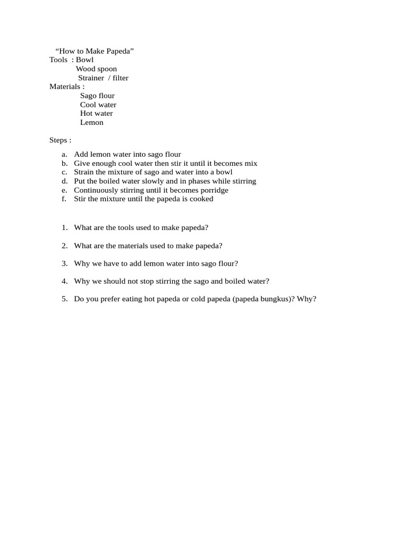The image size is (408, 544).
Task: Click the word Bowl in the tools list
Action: click(84, 59)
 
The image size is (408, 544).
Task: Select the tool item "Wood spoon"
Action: click(96, 69)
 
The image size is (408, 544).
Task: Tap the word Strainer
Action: click(91, 78)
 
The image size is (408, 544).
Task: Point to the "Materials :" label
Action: click(67, 86)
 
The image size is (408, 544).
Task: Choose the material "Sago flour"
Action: click(97, 96)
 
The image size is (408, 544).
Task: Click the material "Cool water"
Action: click(98, 105)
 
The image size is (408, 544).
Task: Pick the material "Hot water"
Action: click(96, 113)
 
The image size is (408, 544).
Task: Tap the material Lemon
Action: click(92, 122)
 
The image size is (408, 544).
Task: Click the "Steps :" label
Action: click(60, 140)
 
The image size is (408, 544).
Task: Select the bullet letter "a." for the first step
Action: click(64, 155)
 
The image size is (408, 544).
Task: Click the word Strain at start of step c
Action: click(84, 172)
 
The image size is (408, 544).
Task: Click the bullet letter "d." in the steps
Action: click(64, 181)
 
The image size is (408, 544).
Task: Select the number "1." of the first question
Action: click(64, 227)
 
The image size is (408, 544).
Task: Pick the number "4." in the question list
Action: click(64, 281)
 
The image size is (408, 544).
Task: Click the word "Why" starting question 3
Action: click(82, 263)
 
